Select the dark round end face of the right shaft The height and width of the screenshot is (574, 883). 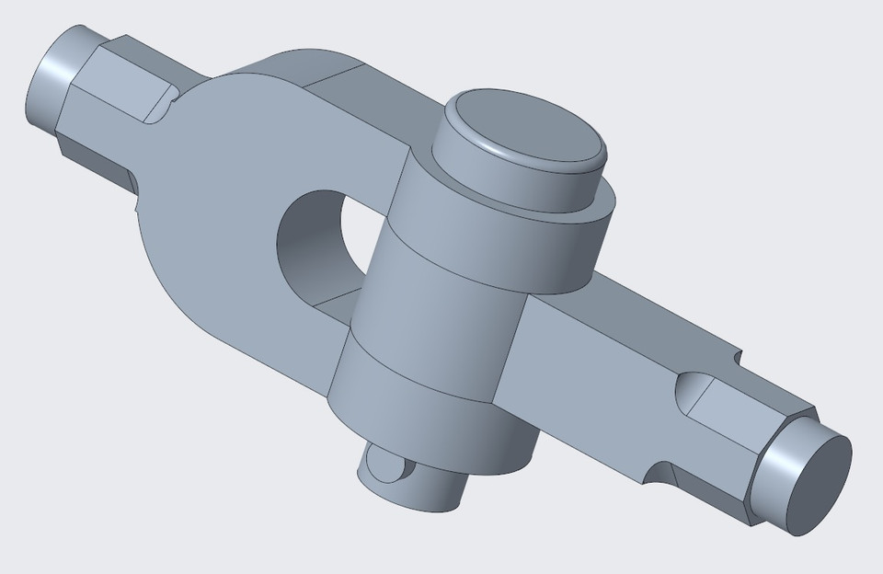pos(814,485)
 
